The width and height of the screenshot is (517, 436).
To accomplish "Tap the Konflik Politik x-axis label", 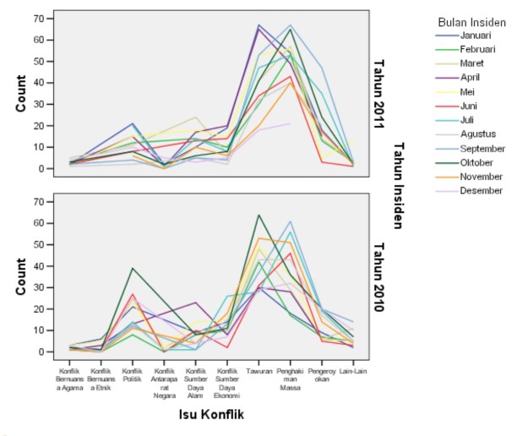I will pos(133,374).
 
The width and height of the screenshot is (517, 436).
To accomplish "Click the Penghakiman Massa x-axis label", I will pos(290,378).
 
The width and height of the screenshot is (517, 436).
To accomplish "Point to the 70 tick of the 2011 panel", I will pos(38,19).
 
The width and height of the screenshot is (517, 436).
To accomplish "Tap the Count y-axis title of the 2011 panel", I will pos(21,93).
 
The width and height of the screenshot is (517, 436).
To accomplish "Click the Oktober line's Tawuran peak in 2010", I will pos(258,215).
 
